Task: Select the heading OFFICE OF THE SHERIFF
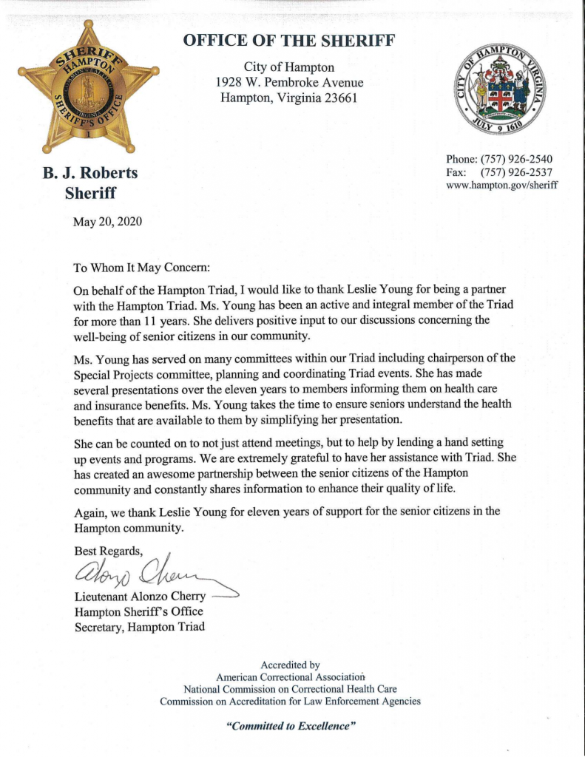(x=289, y=40)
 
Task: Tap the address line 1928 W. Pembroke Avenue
(x=289, y=82)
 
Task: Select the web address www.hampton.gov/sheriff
(x=502, y=186)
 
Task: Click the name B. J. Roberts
(x=90, y=174)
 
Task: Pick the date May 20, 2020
(x=108, y=221)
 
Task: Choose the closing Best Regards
(x=106, y=549)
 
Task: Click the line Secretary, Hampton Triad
(x=139, y=627)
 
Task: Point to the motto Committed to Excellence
(x=291, y=726)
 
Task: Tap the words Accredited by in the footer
(x=291, y=665)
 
